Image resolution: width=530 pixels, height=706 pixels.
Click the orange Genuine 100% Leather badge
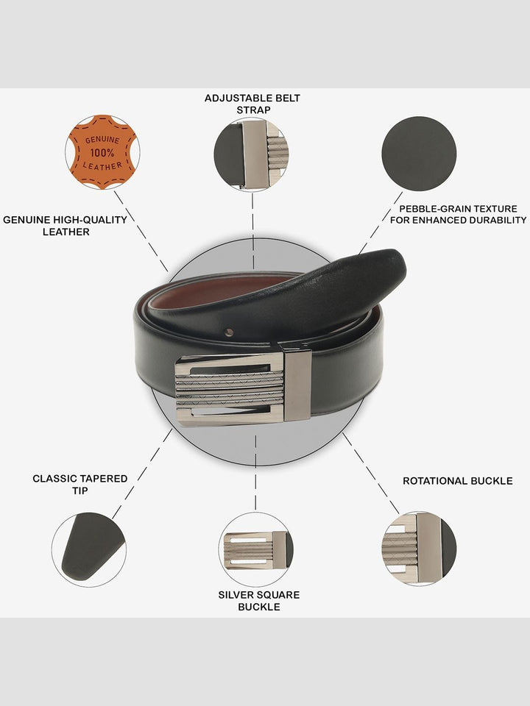(102, 151)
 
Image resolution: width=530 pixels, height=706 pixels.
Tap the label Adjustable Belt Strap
(252, 104)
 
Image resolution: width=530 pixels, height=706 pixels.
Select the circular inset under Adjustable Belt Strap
(252, 154)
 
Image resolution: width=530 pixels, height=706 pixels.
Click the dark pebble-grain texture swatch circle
(419, 154)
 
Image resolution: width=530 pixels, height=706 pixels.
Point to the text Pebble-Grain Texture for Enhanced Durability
(458, 214)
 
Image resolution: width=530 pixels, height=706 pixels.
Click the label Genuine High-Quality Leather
(66, 226)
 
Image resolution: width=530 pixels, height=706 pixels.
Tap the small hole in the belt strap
(230, 332)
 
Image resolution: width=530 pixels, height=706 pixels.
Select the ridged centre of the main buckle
(230, 389)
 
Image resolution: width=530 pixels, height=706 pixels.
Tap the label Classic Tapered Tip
(79, 485)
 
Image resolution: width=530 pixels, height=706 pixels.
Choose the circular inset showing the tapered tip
(89, 549)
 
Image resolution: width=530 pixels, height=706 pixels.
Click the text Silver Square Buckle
(258, 601)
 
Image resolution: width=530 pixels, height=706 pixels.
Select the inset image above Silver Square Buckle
(256, 549)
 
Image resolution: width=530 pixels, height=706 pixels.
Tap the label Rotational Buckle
(457, 481)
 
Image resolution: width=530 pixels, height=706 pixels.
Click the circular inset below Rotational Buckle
(419, 549)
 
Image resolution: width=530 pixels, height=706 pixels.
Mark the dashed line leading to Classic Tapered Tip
(142, 473)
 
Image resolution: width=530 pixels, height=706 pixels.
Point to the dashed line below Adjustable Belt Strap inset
(252, 230)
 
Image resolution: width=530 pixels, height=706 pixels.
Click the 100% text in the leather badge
(102, 153)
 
